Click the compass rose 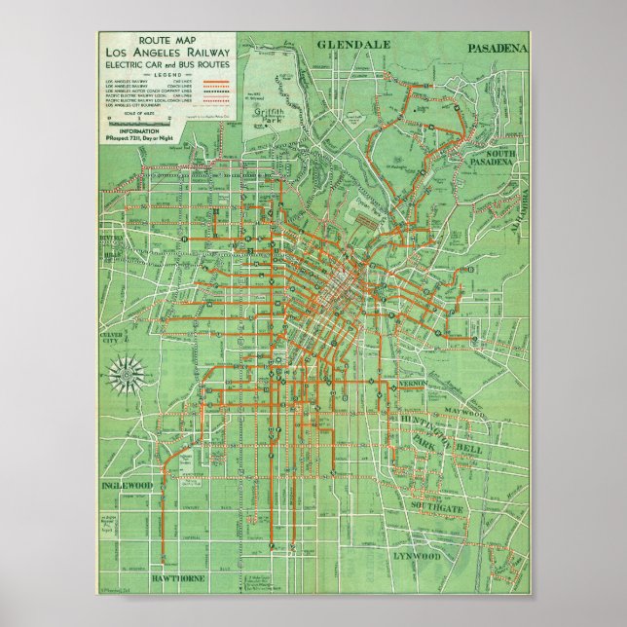coord(126,370)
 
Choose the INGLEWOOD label coord(128,485)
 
